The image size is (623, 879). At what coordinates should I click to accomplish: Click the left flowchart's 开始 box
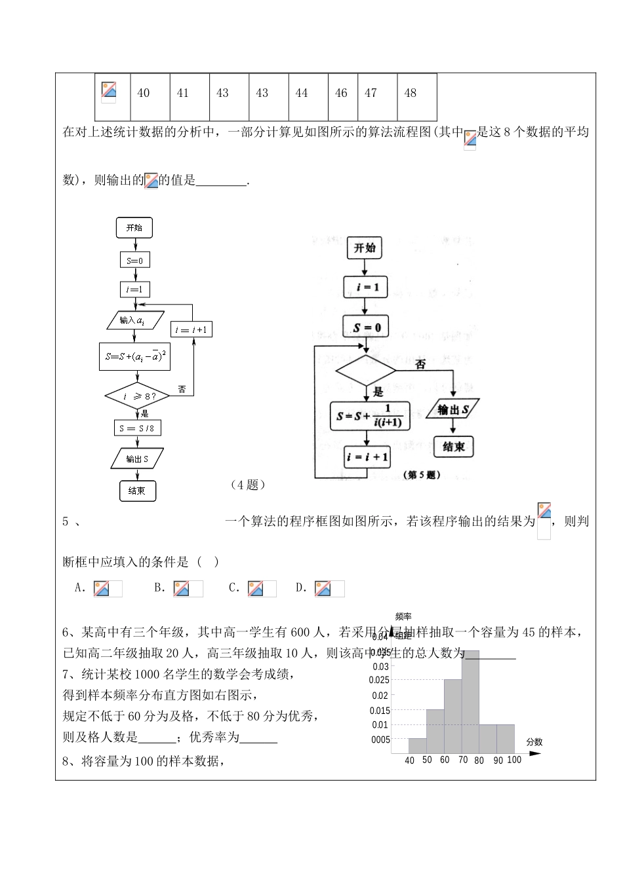coord(134,228)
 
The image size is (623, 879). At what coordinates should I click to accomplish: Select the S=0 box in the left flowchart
coord(134,261)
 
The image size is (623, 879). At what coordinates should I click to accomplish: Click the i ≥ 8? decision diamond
coord(137,396)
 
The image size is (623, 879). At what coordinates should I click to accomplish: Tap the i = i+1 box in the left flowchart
coord(191,329)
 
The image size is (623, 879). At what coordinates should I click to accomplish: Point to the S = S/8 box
coord(137,428)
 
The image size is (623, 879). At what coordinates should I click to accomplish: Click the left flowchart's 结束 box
coord(137,491)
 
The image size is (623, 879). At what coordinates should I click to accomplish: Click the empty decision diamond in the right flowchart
coord(365,371)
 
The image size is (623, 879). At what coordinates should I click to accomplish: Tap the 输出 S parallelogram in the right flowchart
coord(452,410)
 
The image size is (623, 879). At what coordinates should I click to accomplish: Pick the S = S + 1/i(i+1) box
coord(370,416)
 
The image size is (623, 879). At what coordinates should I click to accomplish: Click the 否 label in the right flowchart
coord(420,364)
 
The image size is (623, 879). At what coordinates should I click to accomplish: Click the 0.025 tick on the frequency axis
coord(379,681)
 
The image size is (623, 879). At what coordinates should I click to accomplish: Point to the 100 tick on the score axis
coord(514,760)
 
